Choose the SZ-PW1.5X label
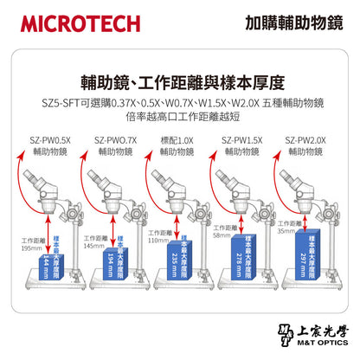[x=241, y=138]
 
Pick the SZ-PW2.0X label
[x=306, y=138]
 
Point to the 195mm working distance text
[x=32, y=247]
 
